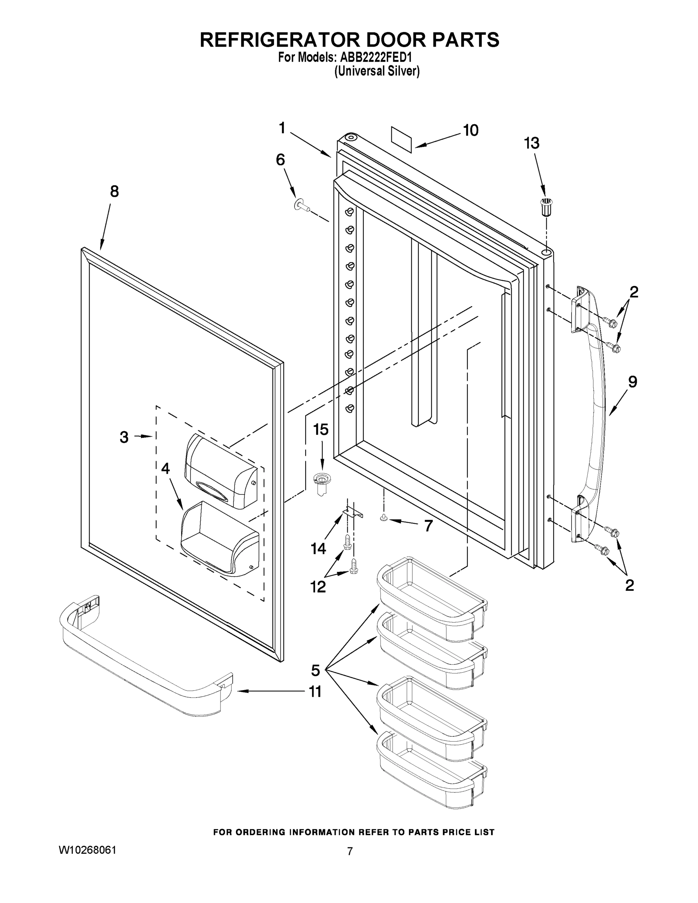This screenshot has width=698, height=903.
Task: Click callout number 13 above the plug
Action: (x=531, y=143)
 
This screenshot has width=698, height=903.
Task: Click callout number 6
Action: (x=280, y=160)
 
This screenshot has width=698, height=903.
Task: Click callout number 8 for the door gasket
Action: (x=114, y=192)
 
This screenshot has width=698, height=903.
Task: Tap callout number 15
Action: (x=321, y=430)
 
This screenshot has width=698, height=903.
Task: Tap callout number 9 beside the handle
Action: (x=632, y=381)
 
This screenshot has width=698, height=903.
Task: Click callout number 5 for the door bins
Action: (x=315, y=670)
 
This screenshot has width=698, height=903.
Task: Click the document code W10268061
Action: (x=87, y=850)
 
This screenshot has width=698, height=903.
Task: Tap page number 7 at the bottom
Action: (x=350, y=851)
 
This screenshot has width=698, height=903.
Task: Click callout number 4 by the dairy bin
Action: (x=166, y=468)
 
